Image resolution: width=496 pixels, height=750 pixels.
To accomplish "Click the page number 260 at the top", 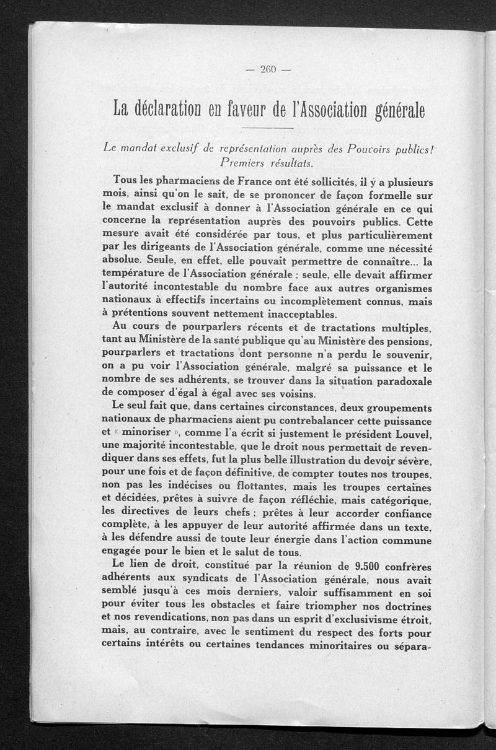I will point(267,69).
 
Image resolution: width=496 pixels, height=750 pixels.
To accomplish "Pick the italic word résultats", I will point(290,163).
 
